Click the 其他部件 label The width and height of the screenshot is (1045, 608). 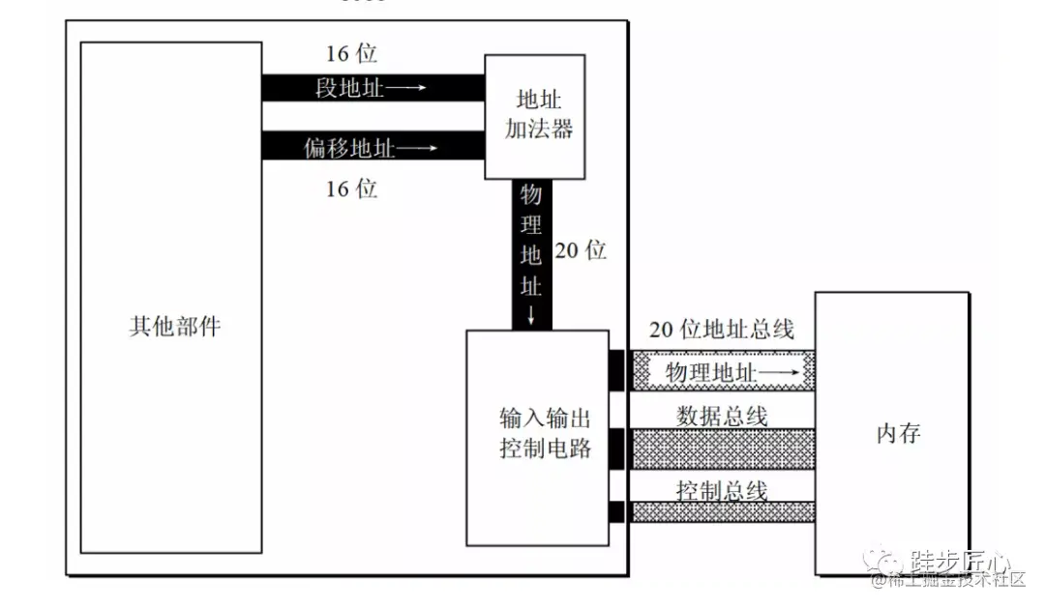[x=174, y=326]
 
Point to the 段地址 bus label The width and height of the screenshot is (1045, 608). [x=349, y=89]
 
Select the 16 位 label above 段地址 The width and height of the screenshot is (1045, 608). [x=350, y=53]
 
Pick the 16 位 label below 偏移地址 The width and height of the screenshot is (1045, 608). [x=350, y=188]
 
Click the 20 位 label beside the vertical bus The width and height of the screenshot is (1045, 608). [x=581, y=250]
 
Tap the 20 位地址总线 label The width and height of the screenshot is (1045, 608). [x=722, y=330]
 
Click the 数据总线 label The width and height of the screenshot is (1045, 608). [x=722, y=416]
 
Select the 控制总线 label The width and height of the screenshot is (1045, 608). [x=722, y=490]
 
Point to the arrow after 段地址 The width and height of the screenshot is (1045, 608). [x=406, y=89]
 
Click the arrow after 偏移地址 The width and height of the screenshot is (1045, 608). [x=418, y=148]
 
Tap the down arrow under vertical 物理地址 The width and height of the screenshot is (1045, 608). [x=531, y=315]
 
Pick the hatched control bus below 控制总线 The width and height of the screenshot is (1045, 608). [x=722, y=511]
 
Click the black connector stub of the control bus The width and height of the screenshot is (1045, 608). [x=616, y=511]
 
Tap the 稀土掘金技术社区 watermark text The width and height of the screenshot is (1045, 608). [x=958, y=581]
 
